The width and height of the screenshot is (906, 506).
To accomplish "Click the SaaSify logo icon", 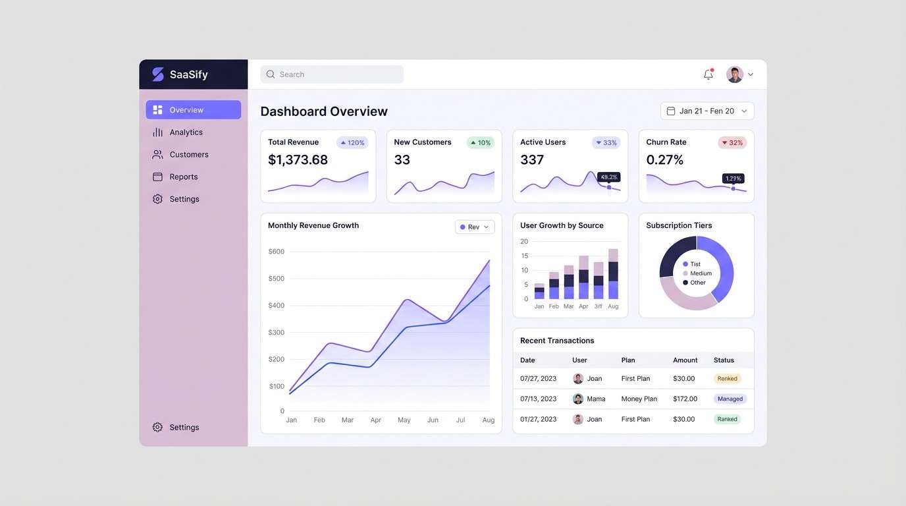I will (158, 74).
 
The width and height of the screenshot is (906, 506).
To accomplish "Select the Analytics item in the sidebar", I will (186, 132).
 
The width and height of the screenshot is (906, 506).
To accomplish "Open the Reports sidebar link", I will (183, 177).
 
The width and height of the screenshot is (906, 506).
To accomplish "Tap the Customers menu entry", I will (188, 155).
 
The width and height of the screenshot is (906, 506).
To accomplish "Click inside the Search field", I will (332, 74).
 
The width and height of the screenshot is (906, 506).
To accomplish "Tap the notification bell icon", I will (708, 74).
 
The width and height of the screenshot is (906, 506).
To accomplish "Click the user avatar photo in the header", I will (735, 74).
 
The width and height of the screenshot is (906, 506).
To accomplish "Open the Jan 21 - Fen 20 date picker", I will (706, 111).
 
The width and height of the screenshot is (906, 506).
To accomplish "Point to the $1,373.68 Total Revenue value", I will (298, 160).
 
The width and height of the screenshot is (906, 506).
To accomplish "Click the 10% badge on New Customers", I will (481, 143).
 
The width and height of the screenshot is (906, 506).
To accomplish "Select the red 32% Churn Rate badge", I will (732, 143).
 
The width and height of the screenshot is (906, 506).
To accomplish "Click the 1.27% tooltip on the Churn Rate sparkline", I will (733, 179).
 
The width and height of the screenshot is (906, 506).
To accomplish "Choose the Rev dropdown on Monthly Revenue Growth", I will (474, 227).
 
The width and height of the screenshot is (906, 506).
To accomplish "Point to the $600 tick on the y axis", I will (277, 252).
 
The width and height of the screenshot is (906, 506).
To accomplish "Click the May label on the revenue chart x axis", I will (404, 420).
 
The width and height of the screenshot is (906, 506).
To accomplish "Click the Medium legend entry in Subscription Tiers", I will (700, 273).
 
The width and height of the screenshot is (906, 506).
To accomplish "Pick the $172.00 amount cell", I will (685, 399).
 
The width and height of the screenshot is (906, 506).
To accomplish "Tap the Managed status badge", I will (730, 399).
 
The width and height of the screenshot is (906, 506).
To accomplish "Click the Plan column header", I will (628, 360).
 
